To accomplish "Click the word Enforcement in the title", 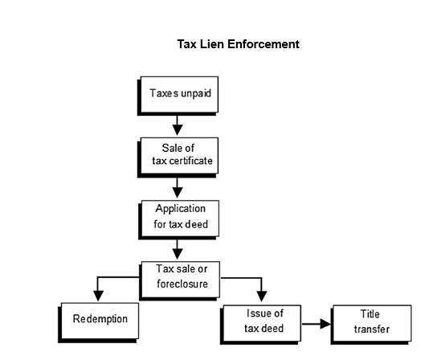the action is pyautogui.click(x=264, y=44).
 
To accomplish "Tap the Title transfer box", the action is pyautogui.click(x=371, y=325).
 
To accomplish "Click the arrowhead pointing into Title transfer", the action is pyautogui.click(x=325, y=324).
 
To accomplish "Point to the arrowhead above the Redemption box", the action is pyautogui.click(x=98, y=296).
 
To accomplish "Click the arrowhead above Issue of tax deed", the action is pyautogui.click(x=261, y=297).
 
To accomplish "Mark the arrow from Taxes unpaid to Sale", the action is pyautogui.click(x=178, y=125).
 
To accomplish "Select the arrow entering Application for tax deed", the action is pyautogui.click(x=178, y=188).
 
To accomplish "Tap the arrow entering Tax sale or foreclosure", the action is pyautogui.click(x=178, y=250).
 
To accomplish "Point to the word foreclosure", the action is pyautogui.click(x=182, y=284).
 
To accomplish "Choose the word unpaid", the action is pyautogui.click(x=196, y=94).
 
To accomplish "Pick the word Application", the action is pyautogui.click(x=181, y=209).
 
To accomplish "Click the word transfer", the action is pyautogui.click(x=372, y=329).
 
